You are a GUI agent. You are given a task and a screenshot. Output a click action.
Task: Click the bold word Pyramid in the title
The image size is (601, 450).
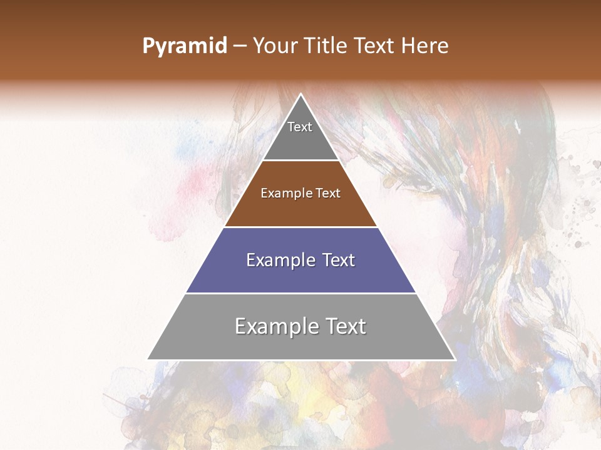185,46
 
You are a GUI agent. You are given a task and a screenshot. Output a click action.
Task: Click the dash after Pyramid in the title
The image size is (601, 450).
240,46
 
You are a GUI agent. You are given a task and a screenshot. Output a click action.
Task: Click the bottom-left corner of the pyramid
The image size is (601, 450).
148,359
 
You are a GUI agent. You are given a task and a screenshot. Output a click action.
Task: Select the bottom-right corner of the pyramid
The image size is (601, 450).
455,359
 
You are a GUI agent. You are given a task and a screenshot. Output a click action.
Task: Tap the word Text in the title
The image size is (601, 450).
374,46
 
